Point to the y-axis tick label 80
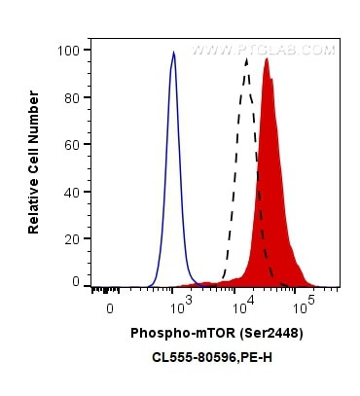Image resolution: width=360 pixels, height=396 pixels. coord(71,97)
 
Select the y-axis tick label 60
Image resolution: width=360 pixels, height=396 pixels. coord(71,143)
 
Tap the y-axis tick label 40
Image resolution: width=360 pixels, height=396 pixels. coord(71,190)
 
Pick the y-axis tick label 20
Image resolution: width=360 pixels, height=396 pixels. coord(71,235)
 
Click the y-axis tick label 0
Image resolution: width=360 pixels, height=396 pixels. coord(75,281)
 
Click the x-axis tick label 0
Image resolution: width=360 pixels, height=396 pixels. coord(110,307)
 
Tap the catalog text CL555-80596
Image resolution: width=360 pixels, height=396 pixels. coord(191,358)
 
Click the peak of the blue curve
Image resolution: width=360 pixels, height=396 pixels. coord(173,54)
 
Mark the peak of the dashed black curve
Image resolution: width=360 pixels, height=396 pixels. coord(247,59)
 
